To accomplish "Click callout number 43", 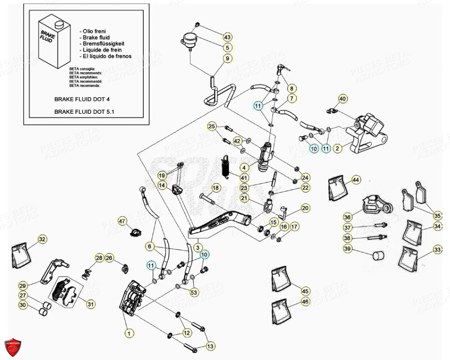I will pyautogui.click(x=227, y=37).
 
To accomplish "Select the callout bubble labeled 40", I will pyautogui.click(x=342, y=99).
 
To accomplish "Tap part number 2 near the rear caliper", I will pyautogui.click(x=338, y=148).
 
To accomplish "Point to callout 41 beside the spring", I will pyautogui.click(x=244, y=178).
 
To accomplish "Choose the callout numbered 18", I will pyautogui.click(x=216, y=188).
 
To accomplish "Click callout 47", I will pyautogui.click(x=122, y=221).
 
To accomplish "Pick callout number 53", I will pyautogui.click(x=193, y=293).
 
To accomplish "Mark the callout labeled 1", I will pyautogui.click(x=129, y=332).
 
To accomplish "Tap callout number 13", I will pyautogui.click(x=210, y=346).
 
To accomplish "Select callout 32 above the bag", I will pyautogui.click(x=42, y=240).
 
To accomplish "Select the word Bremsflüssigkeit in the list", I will pyautogui.click(x=103, y=44).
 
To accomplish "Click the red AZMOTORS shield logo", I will pyautogui.click(x=12, y=347).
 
